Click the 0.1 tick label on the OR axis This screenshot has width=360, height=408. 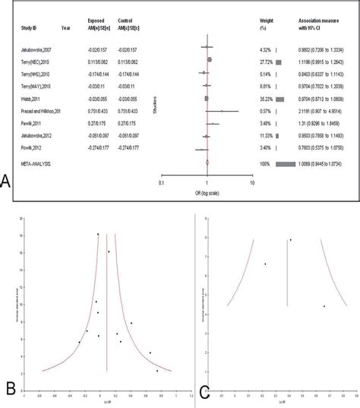pos(161,182)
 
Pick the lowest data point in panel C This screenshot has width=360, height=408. pos(324,306)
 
